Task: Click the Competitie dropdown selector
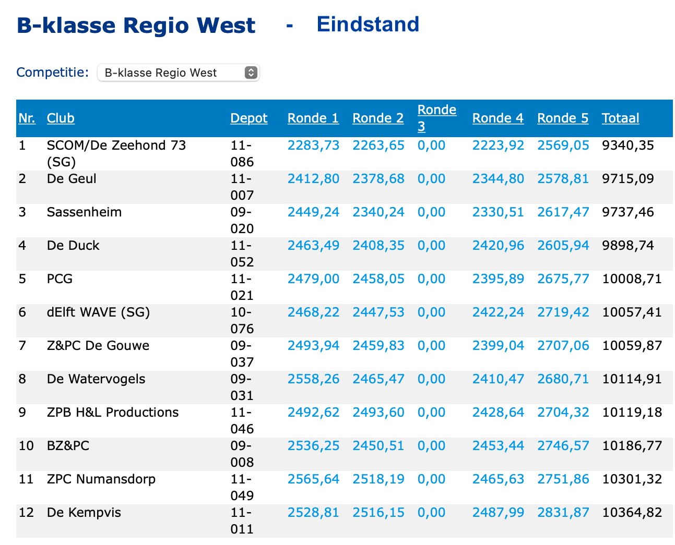point(178,72)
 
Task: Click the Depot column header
point(248,118)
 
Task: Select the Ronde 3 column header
point(436,118)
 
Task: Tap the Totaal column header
point(620,118)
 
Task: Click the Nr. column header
point(27,118)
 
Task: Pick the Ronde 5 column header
point(562,118)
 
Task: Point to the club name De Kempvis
point(84,513)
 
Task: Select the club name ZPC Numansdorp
point(101,479)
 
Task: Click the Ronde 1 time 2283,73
point(313,146)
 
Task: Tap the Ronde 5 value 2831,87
point(563,513)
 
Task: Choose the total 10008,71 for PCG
point(632,279)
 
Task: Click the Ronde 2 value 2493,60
point(378,413)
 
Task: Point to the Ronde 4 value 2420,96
point(498,246)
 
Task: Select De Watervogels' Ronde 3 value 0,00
point(431,379)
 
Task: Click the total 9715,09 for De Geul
point(627,179)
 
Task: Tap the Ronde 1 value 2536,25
point(313,446)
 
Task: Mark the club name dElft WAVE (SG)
point(98,312)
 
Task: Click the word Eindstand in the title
point(368,25)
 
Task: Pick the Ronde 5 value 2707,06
point(563,346)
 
